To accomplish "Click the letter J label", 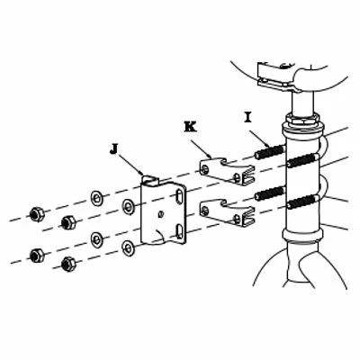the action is pyautogui.click(x=113, y=149).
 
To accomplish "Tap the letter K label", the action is pyautogui.click(x=191, y=126).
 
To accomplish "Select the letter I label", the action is pyautogui.click(x=247, y=117).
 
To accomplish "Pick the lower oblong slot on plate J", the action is pyautogui.click(x=179, y=231).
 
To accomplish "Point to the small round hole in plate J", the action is pyautogui.click(x=161, y=214).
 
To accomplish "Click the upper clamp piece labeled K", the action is pyautogui.click(x=227, y=170).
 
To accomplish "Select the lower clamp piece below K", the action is pyautogui.click(x=227, y=212).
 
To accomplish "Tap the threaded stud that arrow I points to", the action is pyautogui.click(x=269, y=151).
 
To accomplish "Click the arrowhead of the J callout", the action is pyautogui.click(x=141, y=172).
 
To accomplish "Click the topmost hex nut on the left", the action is pyautogui.click(x=37, y=213).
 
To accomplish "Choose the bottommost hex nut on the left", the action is pyautogui.click(x=68, y=264).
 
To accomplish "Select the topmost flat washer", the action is pyautogui.click(x=97, y=198).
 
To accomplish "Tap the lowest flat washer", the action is pyautogui.click(x=129, y=248).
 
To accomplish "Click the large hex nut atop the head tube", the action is pyautogui.click(x=302, y=120).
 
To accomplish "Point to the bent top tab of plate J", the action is pyautogui.click(x=149, y=179).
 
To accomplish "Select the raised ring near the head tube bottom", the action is pyautogui.click(x=303, y=235).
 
